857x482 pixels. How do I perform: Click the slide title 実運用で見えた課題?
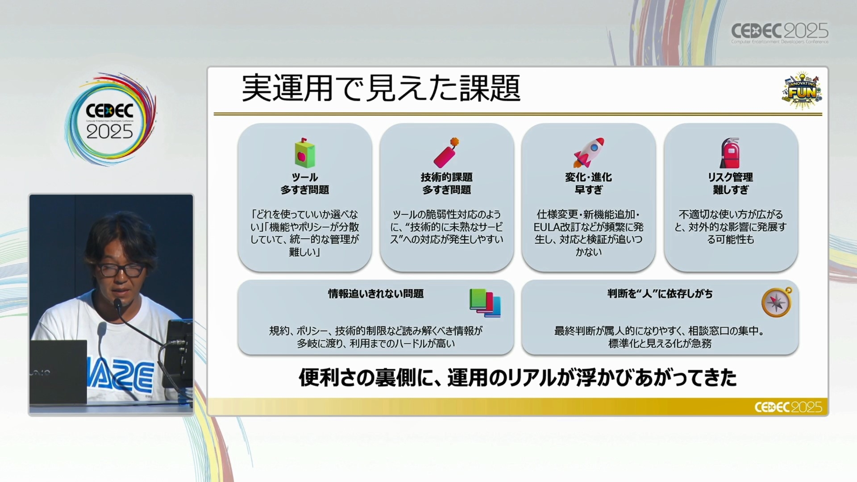[381, 88]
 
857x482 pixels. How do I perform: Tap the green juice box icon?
[305, 153]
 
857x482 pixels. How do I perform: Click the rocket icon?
[589, 153]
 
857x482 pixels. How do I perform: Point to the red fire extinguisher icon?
[730, 153]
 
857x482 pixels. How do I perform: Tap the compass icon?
[777, 302]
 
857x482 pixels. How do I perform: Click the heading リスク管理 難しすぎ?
[730, 183]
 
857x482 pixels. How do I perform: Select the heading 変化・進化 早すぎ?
[588, 183]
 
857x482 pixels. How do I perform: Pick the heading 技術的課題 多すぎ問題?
[446, 183]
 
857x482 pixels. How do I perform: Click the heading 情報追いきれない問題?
[376, 294]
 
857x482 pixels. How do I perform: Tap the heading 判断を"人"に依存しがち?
[660, 294]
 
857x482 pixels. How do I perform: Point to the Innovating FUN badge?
[802, 90]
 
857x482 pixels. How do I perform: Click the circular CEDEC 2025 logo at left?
[110, 119]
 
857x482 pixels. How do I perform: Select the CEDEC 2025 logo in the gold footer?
[788, 407]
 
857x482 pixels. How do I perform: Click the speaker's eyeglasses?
[121, 270]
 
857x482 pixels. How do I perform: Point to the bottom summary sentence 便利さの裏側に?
[518, 378]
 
